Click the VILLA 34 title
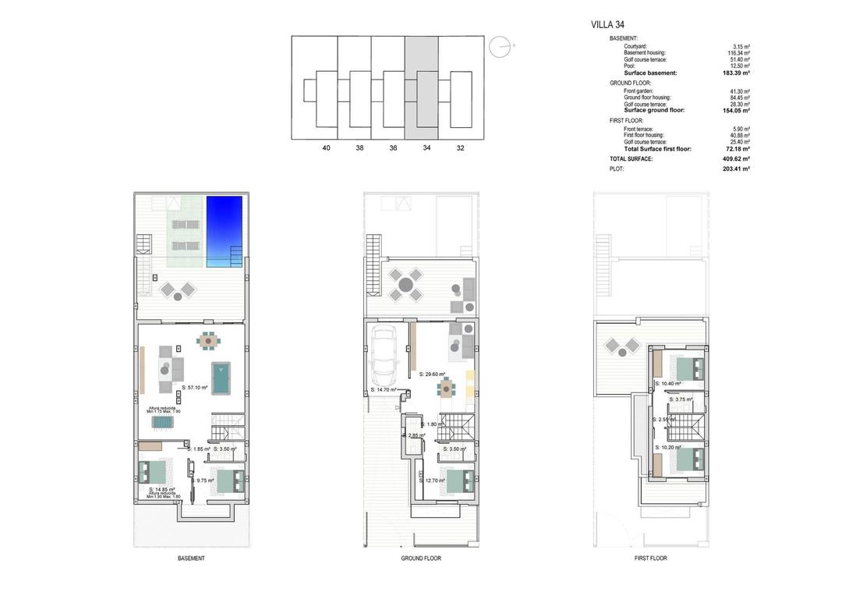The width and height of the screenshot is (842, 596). click(609, 24)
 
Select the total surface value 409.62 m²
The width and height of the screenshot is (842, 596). click(737, 158)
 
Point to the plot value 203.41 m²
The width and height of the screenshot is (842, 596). click(737, 169)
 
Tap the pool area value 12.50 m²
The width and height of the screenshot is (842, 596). click(740, 66)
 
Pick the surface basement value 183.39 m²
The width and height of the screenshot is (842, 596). click(737, 73)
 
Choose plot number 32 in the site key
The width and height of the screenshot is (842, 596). click(460, 147)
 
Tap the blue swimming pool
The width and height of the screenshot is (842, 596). click(225, 232)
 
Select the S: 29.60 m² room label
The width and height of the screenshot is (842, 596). click(433, 374)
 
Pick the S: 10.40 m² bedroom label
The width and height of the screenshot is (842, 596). click(668, 384)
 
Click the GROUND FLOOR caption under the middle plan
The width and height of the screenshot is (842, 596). click(421, 559)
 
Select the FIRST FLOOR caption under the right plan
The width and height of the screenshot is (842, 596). click(651, 559)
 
